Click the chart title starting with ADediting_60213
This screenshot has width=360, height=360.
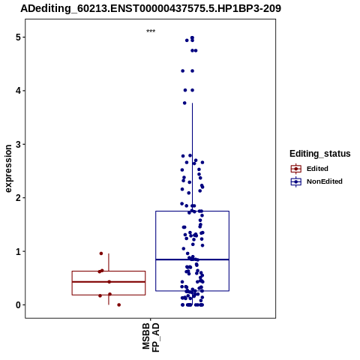point(151,8)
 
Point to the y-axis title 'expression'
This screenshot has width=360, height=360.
point(8,169)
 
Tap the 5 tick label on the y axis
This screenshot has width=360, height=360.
point(19,37)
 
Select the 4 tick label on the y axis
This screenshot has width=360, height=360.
point(19,91)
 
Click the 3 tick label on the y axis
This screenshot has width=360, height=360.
point(19,144)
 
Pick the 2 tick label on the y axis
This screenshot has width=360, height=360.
point(19,198)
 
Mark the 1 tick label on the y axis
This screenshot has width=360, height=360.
point(19,251)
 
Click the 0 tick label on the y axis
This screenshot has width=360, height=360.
point(19,305)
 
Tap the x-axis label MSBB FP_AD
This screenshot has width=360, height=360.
point(151,337)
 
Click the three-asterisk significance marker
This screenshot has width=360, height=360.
point(151,31)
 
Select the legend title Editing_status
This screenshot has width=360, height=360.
point(320,154)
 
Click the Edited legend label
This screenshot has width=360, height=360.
point(317,169)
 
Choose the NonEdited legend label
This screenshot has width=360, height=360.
point(325,181)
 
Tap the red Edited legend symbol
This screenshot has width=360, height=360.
point(296,169)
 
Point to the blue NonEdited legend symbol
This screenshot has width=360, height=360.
point(296,181)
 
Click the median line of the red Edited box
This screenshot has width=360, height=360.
point(109,282)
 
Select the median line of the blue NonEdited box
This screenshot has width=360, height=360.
point(192,259)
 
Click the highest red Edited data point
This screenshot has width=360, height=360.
point(101,253)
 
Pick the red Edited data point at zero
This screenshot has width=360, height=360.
point(119,305)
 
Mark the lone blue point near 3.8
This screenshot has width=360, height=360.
point(184,103)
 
